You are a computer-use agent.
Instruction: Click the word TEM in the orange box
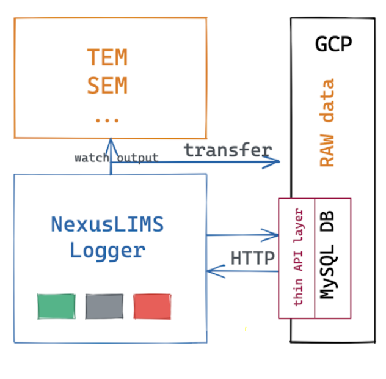point(107,57)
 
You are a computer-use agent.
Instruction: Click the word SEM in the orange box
point(107,86)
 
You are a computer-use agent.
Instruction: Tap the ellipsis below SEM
point(107,117)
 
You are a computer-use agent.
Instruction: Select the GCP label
point(333,44)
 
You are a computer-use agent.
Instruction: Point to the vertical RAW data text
point(327,123)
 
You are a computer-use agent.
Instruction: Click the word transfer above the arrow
point(228,150)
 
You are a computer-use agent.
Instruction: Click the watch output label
point(116,158)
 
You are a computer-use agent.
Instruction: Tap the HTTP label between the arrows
point(253,258)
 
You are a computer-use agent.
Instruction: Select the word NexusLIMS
point(107,224)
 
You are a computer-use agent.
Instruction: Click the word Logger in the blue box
point(107,250)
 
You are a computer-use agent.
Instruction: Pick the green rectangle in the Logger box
point(56,306)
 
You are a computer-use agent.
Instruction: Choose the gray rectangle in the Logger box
point(104,306)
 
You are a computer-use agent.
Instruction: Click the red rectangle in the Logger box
point(152,306)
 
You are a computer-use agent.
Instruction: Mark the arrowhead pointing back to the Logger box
point(211,271)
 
